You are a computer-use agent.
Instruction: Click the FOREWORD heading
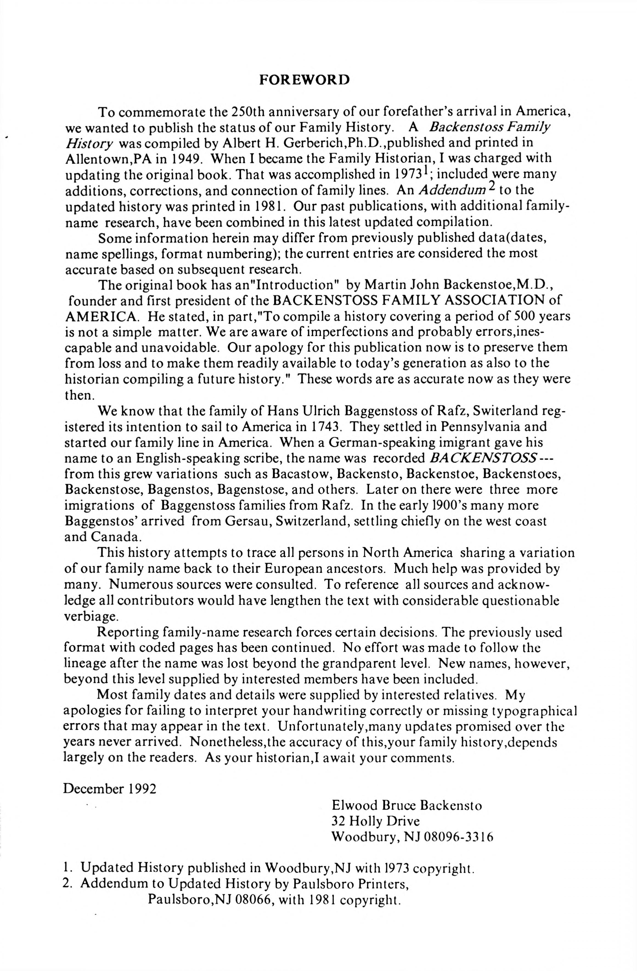tap(304, 80)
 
